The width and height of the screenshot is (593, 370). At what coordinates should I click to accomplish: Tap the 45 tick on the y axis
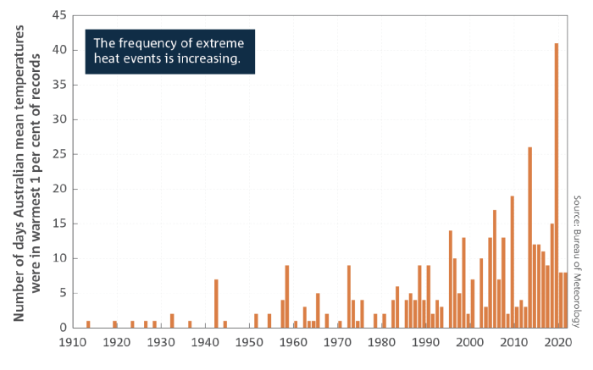coord(59,15)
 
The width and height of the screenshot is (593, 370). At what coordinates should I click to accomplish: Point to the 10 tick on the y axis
coord(59,258)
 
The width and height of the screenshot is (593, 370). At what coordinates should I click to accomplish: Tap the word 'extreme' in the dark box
coord(224,44)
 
